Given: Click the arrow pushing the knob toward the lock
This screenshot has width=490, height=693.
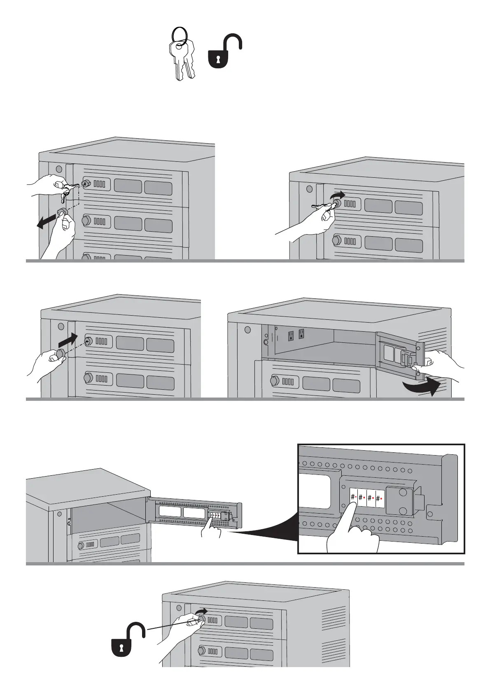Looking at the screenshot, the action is pyautogui.click(x=68, y=340).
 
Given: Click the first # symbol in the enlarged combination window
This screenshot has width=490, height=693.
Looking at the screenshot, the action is pyautogui.click(x=353, y=498).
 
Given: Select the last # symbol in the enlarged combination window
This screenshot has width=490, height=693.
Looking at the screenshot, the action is pyautogui.click(x=378, y=498).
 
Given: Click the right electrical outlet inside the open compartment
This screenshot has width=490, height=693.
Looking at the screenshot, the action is pyautogui.click(x=301, y=333).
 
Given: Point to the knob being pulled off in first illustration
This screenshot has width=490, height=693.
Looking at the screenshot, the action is pyautogui.click(x=62, y=212).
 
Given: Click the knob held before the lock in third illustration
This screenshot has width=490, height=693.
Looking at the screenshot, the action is pyautogui.click(x=61, y=353).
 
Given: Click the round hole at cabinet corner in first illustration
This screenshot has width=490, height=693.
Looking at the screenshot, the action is pyautogui.click(x=58, y=169).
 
